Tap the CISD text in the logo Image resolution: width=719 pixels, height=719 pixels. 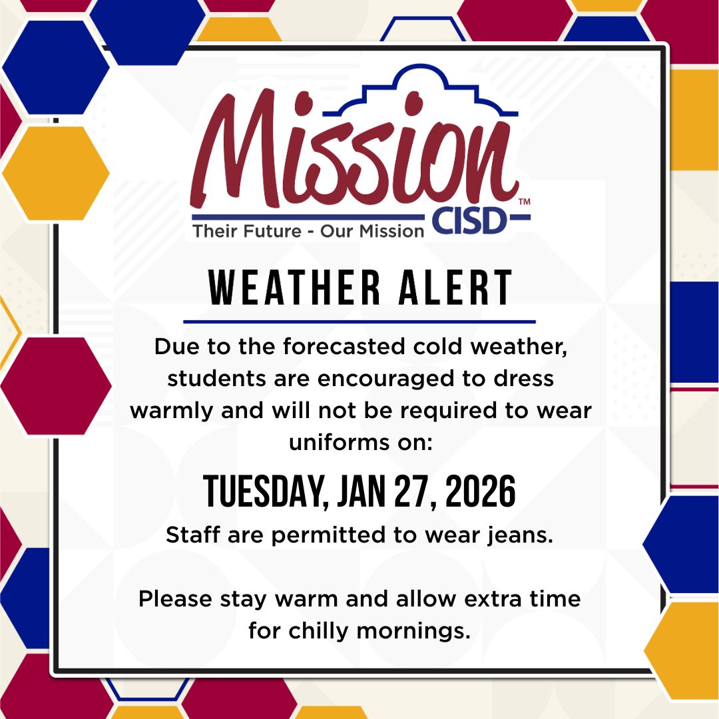[470, 222]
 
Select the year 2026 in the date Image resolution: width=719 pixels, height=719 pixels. [480, 493]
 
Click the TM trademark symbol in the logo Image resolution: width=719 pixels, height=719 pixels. [524, 201]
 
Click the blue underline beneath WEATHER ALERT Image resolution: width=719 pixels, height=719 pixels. [359, 322]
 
